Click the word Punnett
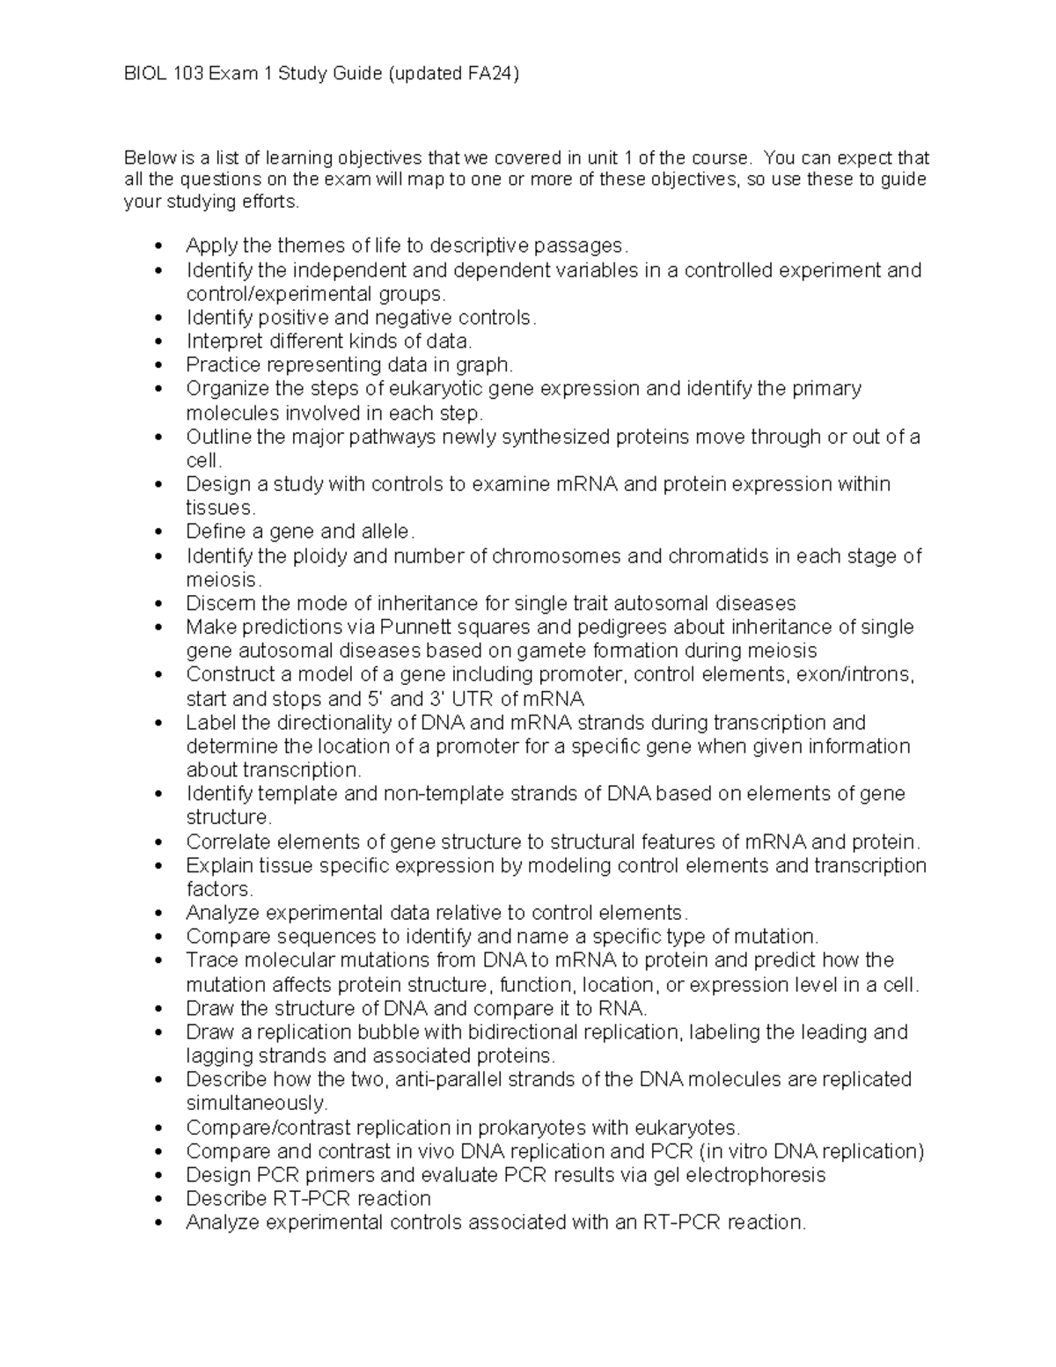click(x=415, y=627)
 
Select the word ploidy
click(x=320, y=556)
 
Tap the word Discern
click(x=219, y=604)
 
